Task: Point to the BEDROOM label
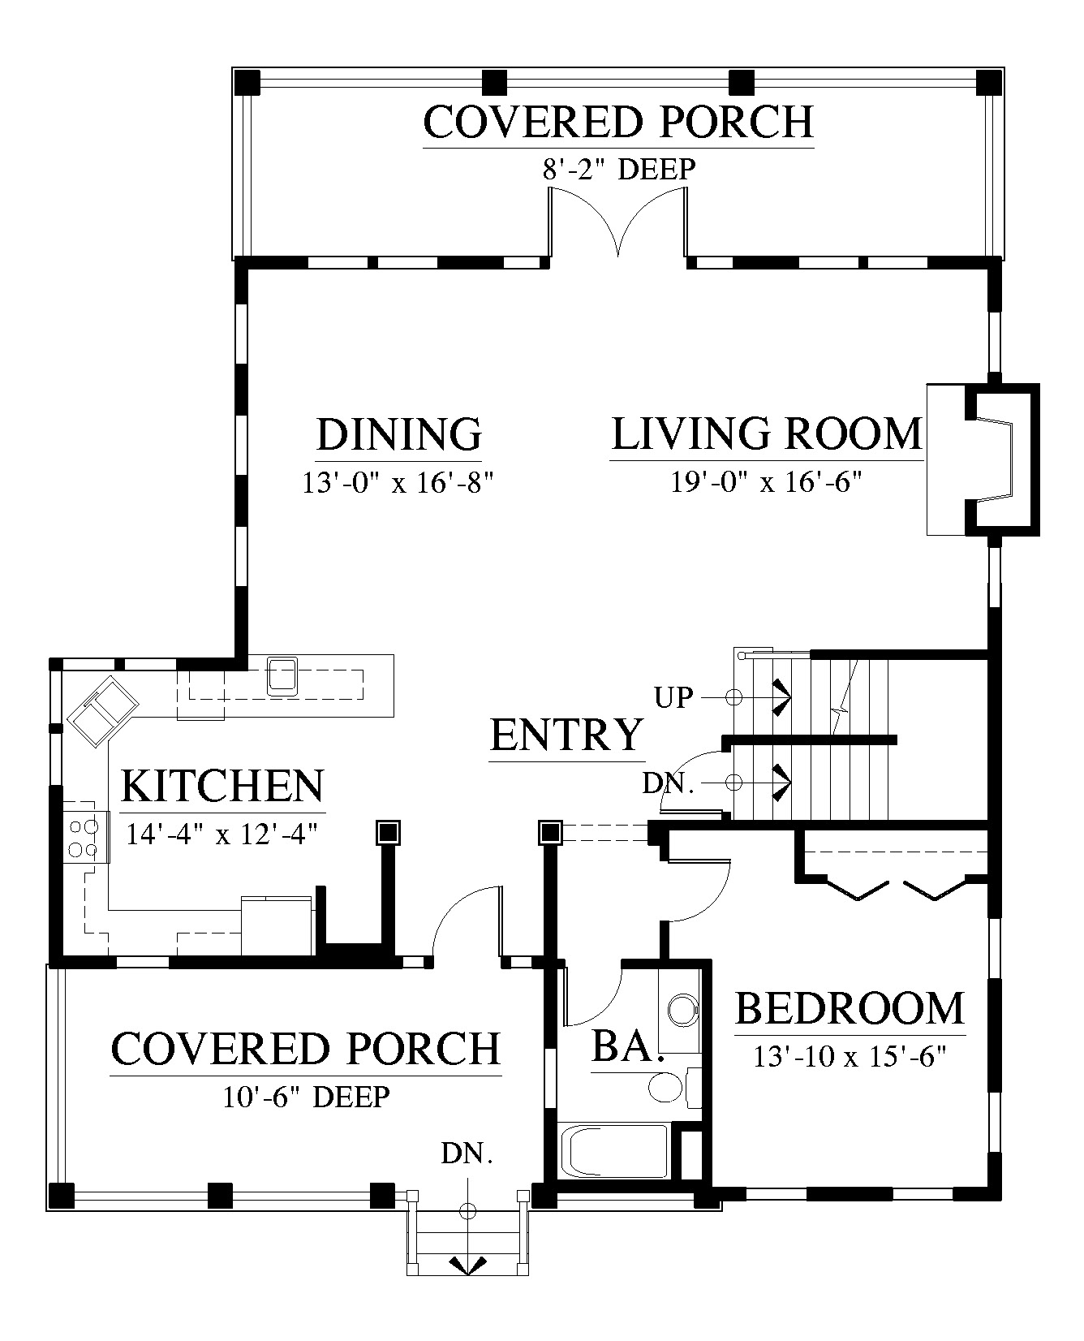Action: (850, 1008)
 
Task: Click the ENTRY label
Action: (566, 735)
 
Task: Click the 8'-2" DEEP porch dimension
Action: (618, 169)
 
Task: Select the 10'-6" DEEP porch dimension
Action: (306, 1097)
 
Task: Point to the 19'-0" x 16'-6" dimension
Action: (765, 482)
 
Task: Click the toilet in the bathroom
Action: (673, 1087)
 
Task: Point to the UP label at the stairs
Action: (673, 697)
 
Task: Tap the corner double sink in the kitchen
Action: (103, 709)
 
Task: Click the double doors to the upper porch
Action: (618, 224)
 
